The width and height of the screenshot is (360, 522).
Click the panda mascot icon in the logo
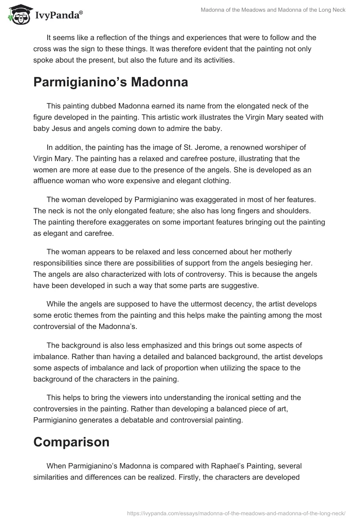pyautogui.click(x=18, y=14)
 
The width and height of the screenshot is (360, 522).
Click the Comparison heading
pyautogui.click(x=71, y=442)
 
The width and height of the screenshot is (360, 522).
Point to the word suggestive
pyautogui.click(x=245, y=285)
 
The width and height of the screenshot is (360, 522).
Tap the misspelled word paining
pyautogui.click(x=165, y=379)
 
